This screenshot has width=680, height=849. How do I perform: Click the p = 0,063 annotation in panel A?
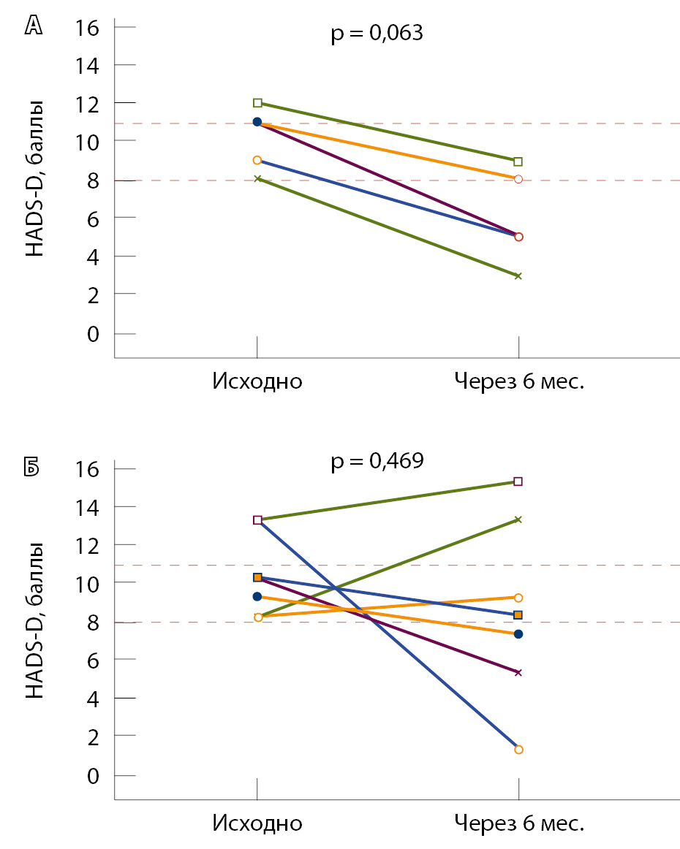(x=377, y=34)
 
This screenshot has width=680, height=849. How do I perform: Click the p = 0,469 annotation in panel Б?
(x=377, y=462)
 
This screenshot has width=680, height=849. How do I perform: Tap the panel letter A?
(x=34, y=27)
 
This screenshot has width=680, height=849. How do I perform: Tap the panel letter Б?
(x=34, y=468)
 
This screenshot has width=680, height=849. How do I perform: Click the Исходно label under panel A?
(x=257, y=381)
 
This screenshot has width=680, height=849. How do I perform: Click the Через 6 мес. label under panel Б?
(x=519, y=823)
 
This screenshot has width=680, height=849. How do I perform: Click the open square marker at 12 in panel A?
(x=257, y=103)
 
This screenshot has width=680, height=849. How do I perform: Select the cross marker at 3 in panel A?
(x=518, y=275)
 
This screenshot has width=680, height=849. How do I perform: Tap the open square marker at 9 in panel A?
(x=518, y=161)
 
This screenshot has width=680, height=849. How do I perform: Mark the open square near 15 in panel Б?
(x=518, y=481)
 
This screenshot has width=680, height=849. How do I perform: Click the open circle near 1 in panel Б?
(x=518, y=750)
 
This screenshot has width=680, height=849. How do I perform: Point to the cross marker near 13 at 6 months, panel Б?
(x=518, y=519)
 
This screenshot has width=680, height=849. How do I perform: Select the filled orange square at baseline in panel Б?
(x=257, y=577)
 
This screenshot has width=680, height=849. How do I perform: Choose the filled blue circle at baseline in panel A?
(x=257, y=122)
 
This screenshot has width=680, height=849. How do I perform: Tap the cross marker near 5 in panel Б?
(x=518, y=672)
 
